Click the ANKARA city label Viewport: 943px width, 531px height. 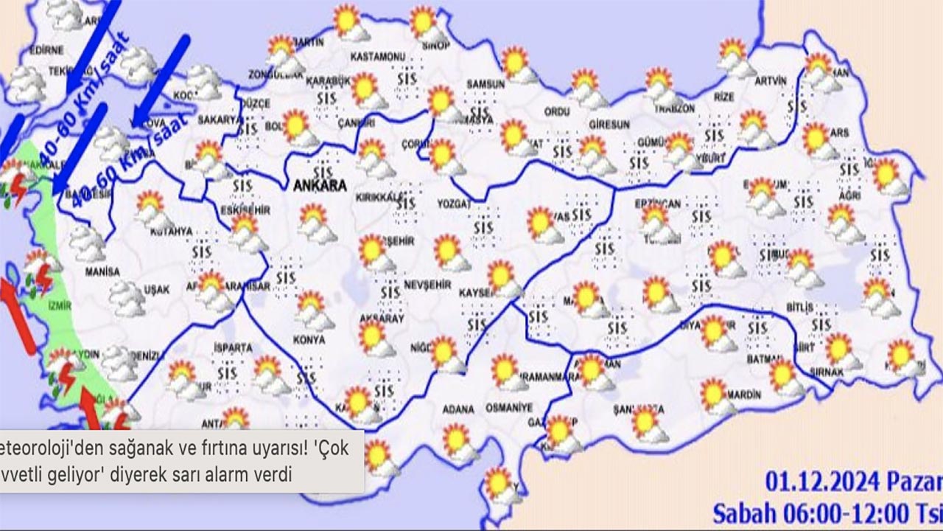click(x=320, y=187)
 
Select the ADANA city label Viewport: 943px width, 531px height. click(x=459, y=408)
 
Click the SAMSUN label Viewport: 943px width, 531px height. click(x=485, y=85)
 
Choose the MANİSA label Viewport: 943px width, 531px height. click(x=102, y=271)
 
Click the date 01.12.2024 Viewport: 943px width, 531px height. click(x=822, y=484)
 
